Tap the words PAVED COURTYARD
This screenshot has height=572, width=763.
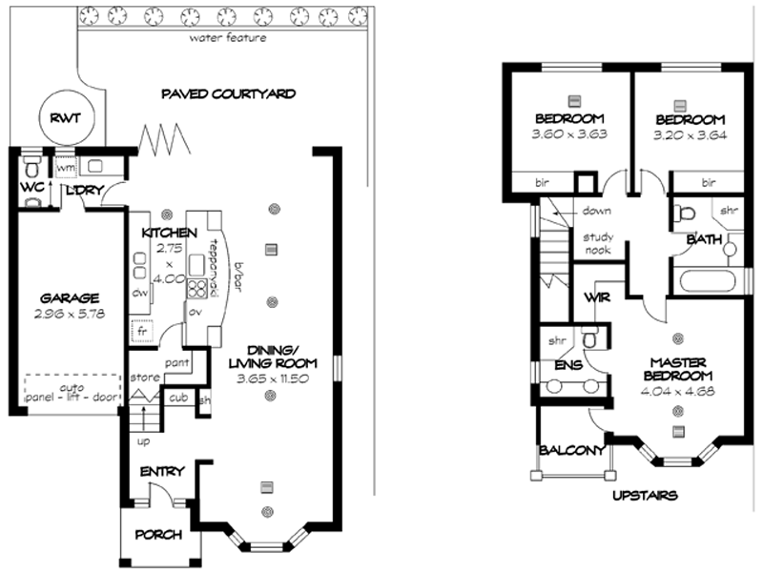228,93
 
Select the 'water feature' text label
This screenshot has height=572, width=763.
227,39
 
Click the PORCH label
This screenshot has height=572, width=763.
159,534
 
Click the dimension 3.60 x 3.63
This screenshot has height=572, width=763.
568,134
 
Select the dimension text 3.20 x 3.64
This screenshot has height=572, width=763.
690,134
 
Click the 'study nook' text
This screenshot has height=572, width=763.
599,244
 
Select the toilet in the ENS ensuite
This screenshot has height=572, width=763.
591,338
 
